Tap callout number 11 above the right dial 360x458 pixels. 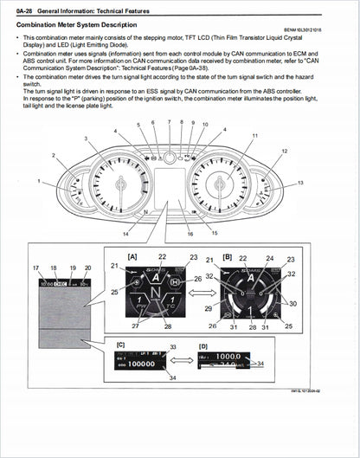click(x=254, y=136)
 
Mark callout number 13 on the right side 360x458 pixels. click(x=300, y=184)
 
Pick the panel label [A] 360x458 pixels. click(x=132, y=257)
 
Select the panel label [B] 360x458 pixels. click(x=228, y=258)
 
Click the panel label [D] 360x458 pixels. click(x=202, y=345)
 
